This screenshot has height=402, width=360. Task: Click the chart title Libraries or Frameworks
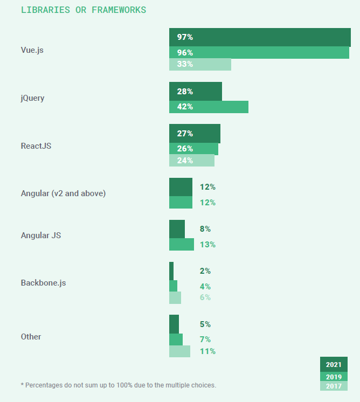point(84,10)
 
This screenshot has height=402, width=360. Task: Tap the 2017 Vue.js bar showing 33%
point(200,64)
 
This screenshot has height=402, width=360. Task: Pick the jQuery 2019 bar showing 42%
point(209,107)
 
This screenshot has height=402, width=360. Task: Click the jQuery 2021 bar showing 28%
point(195,92)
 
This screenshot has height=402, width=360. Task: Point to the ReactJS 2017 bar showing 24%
point(191,160)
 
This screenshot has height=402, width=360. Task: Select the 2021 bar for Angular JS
point(177,229)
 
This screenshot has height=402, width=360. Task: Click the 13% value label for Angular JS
point(207,245)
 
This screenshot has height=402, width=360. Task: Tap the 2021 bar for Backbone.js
point(171,271)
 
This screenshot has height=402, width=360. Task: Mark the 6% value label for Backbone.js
point(205,297)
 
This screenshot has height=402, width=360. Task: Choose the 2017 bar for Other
point(179,351)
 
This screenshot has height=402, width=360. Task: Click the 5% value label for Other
point(205,324)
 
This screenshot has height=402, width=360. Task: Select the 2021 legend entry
point(334,365)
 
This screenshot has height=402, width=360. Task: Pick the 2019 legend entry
point(334,377)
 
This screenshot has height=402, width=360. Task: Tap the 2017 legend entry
point(334,386)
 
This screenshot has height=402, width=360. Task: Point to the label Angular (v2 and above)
point(63,193)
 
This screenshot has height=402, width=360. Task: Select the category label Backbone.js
point(43,282)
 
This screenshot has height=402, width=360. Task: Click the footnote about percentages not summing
point(118,385)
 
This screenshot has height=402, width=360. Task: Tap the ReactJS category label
point(36,145)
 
